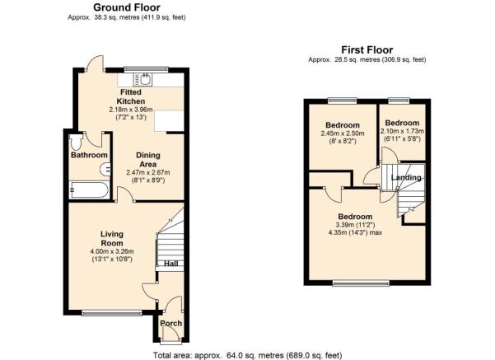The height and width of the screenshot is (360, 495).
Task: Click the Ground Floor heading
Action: click(127, 7)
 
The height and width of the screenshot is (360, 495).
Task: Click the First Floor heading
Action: click(367, 50)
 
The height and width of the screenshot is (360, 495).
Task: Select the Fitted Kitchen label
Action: click(131, 96)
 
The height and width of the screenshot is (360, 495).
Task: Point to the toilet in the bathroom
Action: click(76, 143)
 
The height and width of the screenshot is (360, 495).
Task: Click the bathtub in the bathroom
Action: click(89, 189)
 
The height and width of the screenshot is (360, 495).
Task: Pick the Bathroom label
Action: click(89, 155)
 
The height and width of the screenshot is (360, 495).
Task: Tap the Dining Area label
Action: click(148, 160)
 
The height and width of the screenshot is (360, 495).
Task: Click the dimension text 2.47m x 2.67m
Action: click(148, 173)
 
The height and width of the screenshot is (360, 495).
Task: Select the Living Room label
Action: click(112, 239)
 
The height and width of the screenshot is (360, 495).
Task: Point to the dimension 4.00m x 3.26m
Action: click(112, 252)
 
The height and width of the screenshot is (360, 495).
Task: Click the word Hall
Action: click(170, 264)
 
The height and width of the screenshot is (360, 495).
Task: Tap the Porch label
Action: click(171, 324)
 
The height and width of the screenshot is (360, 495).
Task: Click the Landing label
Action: click(406, 177)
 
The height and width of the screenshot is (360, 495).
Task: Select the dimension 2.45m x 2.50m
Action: click(343, 133)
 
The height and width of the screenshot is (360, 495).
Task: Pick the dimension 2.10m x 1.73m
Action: click(403, 131)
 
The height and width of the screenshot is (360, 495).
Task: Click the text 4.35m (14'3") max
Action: click(356, 233)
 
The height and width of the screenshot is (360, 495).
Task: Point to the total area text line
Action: click(247, 355)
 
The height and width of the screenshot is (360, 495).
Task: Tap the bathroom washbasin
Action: click(105, 170)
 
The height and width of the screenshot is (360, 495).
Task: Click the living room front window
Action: click(112, 313)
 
